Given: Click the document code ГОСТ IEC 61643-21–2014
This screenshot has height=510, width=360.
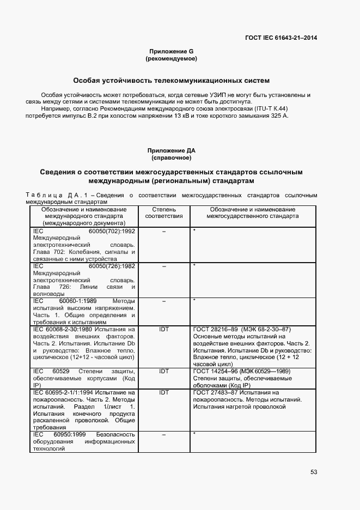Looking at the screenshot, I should [x=282, y=38].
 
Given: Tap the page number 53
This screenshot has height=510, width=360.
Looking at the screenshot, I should [x=314, y=472].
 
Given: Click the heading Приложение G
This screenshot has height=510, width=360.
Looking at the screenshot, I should [x=171, y=51].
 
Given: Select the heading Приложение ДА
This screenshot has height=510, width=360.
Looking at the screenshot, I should [x=171, y=150].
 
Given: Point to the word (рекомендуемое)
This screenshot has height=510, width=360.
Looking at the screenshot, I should [x=171, y=58].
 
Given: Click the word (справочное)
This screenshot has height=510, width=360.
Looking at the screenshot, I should [x=171, y=157].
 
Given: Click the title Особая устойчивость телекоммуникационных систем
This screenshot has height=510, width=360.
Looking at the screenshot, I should [x=171, y=80].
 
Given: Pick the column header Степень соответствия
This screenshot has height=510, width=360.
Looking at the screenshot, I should [x=163, y=212].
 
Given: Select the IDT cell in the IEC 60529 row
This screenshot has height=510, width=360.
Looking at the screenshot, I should [x=163, y=371].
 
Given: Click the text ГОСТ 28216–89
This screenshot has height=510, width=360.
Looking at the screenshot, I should [x=215, y=329].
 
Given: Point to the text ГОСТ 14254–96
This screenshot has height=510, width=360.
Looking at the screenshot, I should [x=215, y=371].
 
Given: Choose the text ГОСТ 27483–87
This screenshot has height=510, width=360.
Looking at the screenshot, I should [x=215, y=392].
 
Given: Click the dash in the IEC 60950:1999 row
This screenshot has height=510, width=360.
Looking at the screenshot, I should [x=163, y=434].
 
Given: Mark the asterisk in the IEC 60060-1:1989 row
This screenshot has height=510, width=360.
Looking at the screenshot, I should [x=194, y=300].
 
